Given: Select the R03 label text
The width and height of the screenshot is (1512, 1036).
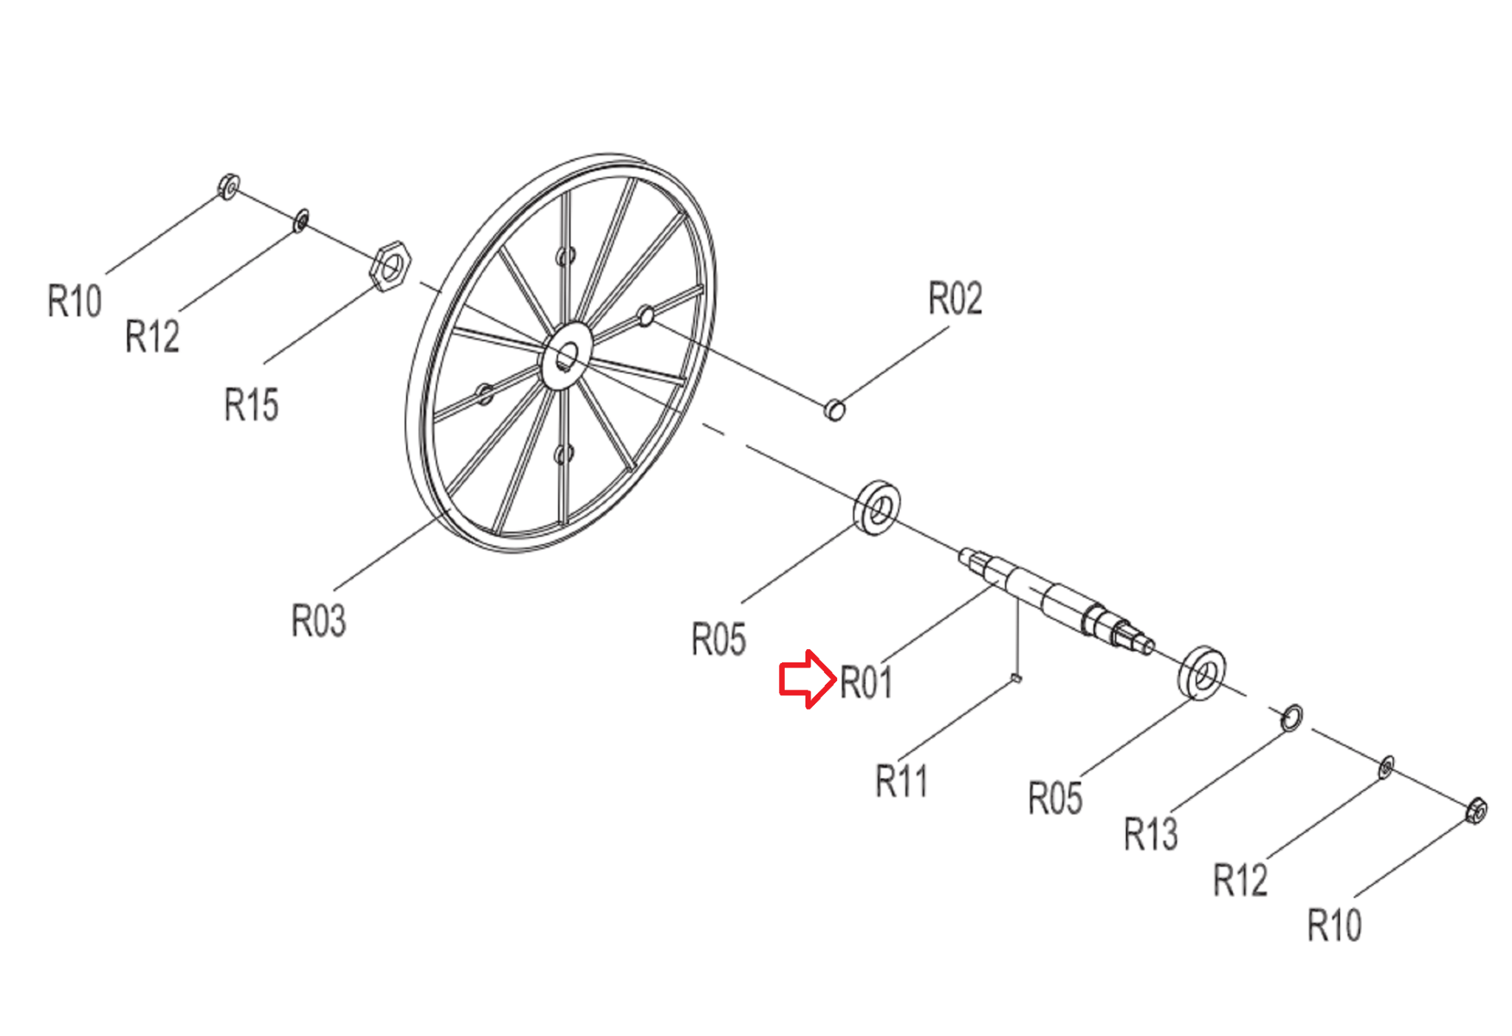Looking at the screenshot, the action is (x=318, y=620).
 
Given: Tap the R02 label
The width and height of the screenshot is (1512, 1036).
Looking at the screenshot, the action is (x=955, y=298).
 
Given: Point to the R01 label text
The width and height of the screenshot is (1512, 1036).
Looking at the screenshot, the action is (x=866, y=682).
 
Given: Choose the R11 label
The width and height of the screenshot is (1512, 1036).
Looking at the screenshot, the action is (x=901, y=781).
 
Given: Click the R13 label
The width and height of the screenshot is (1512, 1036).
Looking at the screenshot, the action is (x=1150, y=834).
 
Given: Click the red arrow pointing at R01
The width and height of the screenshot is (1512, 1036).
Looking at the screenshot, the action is (x=807, y=679).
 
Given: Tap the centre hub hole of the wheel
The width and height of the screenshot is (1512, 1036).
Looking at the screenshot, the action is (x=566, y=357).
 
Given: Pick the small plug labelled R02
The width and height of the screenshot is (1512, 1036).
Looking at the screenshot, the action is (x=834, y=409).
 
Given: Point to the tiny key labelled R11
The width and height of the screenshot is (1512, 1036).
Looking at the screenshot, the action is (x=1017, y=678).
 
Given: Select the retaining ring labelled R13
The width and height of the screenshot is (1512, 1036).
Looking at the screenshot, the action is (x=1291, y=718).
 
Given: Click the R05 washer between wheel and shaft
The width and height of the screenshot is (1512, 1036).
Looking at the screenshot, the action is (x=877, y=508).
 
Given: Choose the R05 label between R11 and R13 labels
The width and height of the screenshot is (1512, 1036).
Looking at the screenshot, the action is (x=1055, y=798).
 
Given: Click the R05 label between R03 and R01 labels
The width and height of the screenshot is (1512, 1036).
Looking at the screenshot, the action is (x=718, y=639).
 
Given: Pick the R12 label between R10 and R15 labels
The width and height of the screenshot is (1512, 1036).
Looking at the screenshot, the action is (x=152, y=336).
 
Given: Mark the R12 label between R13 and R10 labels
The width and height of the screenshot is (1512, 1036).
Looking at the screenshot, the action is (x=1240, y=879).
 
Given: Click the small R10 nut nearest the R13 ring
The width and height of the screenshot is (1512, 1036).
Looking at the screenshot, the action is (x=1476, y=811).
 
